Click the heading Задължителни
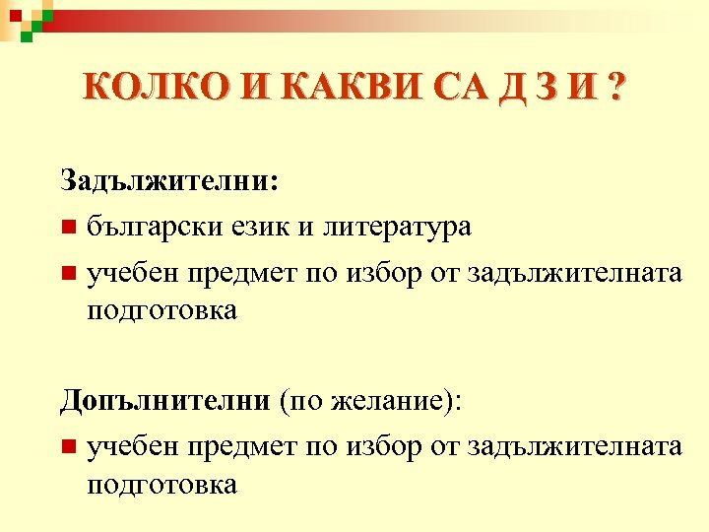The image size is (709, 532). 169,180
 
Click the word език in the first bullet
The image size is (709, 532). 258,228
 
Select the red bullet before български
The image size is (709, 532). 66,229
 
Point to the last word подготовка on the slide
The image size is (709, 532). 161,484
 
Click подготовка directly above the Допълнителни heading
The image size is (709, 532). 161,310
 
